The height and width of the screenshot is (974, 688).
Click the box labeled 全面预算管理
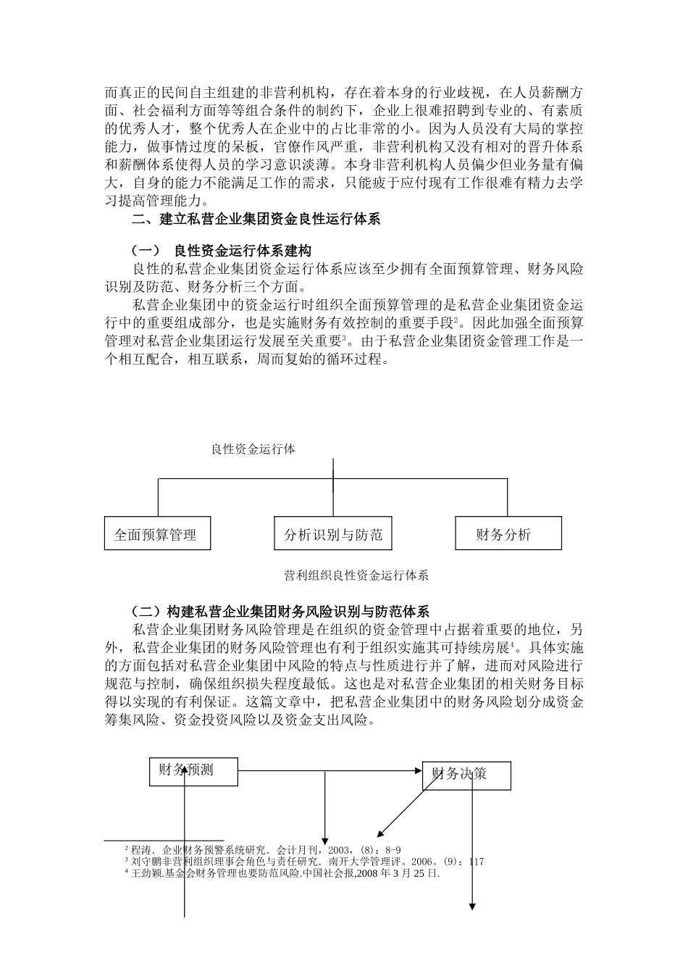[x=158, y=534]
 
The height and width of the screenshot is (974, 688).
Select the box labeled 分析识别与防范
[x=332, y=534]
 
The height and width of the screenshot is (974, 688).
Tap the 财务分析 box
[x=508, y=533]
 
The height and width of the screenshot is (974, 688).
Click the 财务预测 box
[x=193, y=771]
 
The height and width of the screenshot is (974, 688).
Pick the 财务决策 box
[x=466, y=775]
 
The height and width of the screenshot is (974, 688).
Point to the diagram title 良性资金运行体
[x=253, y=449]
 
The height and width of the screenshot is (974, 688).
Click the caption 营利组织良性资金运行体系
[x=356, y=575]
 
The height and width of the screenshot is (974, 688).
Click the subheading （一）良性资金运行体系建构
[x=221, y=251]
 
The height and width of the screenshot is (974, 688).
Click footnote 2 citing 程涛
[x=263, y=849]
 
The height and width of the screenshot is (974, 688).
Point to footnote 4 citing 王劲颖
[x=282, y=874]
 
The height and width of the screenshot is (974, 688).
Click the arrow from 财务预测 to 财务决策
[x=330, y=771]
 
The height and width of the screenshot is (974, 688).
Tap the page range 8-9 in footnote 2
[x=390, y=849]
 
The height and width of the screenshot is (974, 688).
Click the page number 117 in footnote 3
[x=476, y=862]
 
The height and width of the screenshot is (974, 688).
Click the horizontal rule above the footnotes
[x=164, y=841]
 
